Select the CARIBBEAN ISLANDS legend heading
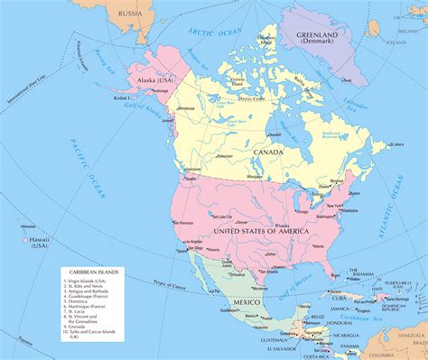point(88,271)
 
